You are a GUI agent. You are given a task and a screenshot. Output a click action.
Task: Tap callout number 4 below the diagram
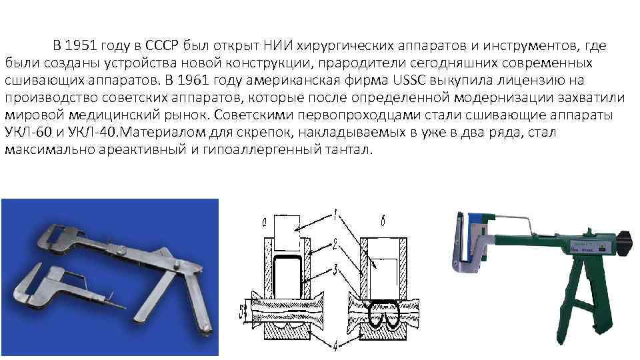click(337, 343)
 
